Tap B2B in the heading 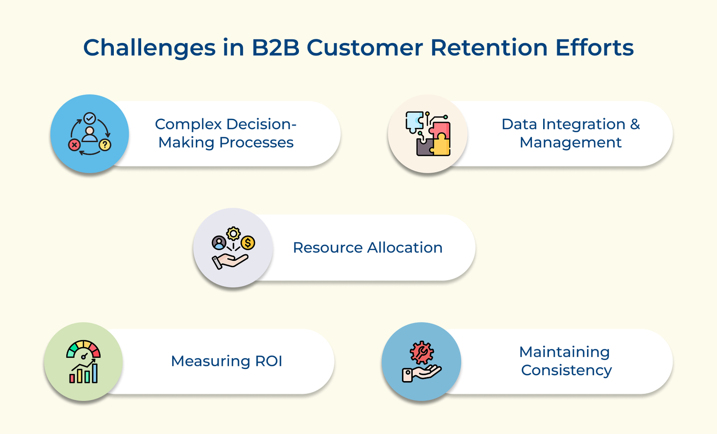click(x=275, y=48)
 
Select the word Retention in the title click(x=488, y=48)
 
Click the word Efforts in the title click(x=594, y=48)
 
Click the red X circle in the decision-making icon click(x=74, y=145)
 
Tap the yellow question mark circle click(x=105, y=144)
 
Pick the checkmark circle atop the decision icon click(x=90, y=118)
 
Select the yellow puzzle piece click(x=441, y=144)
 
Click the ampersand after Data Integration click(x=635, y=124)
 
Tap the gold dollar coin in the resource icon click(x=248, y=243)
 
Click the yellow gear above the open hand click(x=233, y=234)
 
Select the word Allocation click(x=405, y=247)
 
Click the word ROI click(x=268, y=361)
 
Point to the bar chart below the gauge click(x=84, y=374)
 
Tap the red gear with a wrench click(x=422, y=352)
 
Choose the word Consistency click(x=566, y=370)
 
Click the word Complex click(x=189, y=124)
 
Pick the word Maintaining click(x=564, y=352)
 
